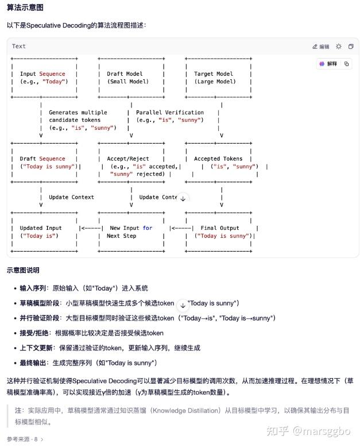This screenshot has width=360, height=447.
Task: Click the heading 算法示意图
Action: click(x=25, y=7)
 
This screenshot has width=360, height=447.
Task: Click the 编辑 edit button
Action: click(x=321, y=47)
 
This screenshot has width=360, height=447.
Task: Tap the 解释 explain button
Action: click(x=328, y=64)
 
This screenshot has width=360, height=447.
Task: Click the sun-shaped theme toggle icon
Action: click(x=338, y=46)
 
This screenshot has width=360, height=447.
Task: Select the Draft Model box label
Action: click(x=125, y=74)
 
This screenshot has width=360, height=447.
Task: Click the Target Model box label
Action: click(x=214, y=74)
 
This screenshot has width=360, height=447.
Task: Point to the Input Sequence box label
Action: click(x=42, y=74)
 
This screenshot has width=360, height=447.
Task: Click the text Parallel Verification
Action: click(x=170, y=112)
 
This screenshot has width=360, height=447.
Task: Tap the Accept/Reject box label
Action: click(x=127, y=159)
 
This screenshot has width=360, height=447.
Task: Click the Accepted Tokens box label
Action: click(x=218, y=159)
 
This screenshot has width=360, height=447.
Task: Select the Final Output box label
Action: click(x=219, y=228)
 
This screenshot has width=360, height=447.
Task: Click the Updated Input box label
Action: click(x=40, y=228)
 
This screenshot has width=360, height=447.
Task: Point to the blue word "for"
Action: click(x=147, y=228)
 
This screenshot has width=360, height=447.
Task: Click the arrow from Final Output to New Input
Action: click(x=181, y=228)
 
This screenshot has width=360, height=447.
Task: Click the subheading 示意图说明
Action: click(x=23, y=270)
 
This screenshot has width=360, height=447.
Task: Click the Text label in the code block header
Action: click(x=18, y=46)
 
